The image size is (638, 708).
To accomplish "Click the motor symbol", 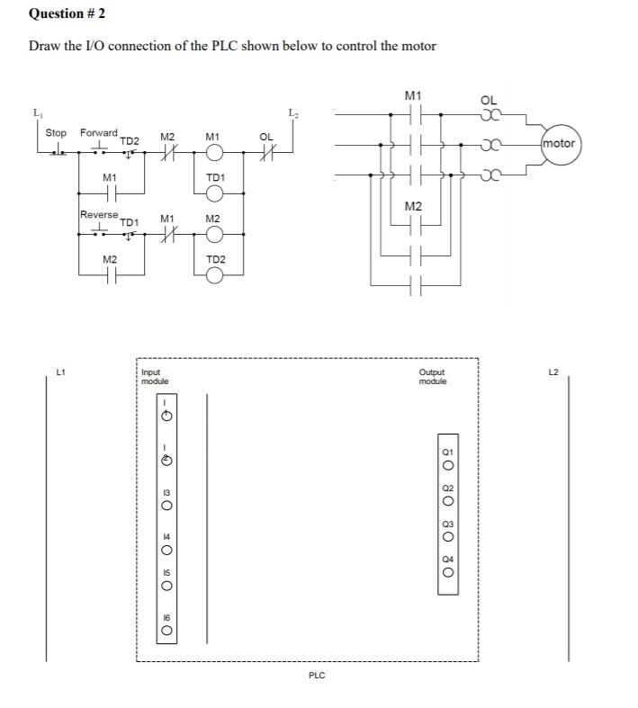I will pyautogui.click(x=558, y=143).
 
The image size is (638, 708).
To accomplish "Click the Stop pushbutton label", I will pyautogui.click(x=56, y=132).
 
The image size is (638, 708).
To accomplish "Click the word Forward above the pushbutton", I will pyautogui.click(x=99, y=132).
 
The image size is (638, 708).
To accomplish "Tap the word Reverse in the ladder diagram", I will pyautogui.click(x=99, y=214).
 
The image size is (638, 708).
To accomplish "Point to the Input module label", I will pyautogui.click(x=155, y=377).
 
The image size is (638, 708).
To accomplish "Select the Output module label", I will pyautogui.click(x=433, y=377).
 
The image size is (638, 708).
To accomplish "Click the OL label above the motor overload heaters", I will pyautogui.click(x=488, y=100).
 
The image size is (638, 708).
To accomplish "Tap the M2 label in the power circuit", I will pyautogui.click(x=413, y=208).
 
